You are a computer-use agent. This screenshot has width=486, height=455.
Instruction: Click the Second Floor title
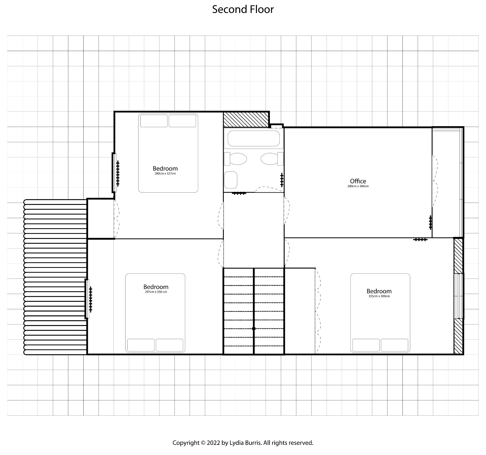(243, 9)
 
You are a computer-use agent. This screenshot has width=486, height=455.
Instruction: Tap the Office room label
(358, 181)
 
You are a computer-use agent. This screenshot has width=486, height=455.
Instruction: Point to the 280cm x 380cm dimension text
(358, 186)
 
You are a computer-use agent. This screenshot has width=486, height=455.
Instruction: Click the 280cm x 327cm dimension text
(165, 174)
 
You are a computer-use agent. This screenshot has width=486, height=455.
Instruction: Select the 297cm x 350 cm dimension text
(156, 292)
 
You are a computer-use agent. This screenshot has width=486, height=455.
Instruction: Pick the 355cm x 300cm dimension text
(379, 296)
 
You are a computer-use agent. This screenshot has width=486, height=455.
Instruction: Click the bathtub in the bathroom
(253, 138)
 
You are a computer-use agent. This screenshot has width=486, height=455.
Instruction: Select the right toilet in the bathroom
(272, 159)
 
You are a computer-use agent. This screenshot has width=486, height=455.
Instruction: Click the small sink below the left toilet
(231, 180)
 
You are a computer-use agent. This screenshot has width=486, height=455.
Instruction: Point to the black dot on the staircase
(254, 329)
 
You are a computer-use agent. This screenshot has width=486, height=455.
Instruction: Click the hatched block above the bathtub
(246, 120)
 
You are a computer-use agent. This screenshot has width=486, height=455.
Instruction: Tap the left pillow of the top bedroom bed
(154, 121)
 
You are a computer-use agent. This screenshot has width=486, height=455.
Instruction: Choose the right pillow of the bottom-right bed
(395, 345)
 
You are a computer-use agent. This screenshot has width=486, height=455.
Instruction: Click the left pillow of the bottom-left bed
(141, 345)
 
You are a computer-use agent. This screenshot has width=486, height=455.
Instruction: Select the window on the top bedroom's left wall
(114, 173)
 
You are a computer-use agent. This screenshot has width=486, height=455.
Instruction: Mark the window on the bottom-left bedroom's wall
(87, 299)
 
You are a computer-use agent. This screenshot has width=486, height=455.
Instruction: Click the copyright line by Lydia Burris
(243, 443)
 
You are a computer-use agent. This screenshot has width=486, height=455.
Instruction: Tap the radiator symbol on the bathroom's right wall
(282, 180)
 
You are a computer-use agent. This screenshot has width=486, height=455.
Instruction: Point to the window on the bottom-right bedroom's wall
(459, 296)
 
